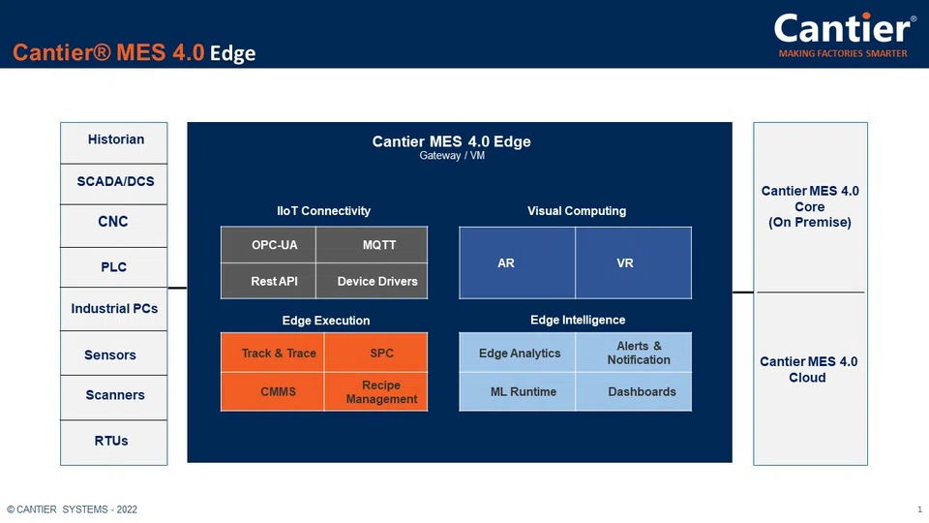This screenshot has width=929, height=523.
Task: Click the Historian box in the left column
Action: [x=114, y=140]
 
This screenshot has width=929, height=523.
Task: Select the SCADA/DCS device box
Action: [x=114, y=182]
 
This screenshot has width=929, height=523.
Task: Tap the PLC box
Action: [x=114, y=267]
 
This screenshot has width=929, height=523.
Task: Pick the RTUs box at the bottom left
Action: [x=112, y=442]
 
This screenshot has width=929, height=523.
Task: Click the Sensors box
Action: [x=112, y=355]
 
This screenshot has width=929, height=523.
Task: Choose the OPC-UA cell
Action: [x=274, y=245]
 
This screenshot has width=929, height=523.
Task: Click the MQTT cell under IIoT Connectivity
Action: [x=378, y=245]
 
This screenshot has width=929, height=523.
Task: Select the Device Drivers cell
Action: [x=377, y=282]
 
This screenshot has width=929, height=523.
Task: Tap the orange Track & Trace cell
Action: [x=278, y=354]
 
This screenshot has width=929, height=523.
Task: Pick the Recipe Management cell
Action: [x=380, y=392]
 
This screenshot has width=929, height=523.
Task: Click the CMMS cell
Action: [x=278, y=392]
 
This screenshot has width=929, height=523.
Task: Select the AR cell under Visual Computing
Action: [x=506, y=263]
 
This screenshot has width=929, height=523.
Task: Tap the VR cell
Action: [x=625, y=263]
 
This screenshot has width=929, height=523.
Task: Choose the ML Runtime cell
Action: [x=523, y=392]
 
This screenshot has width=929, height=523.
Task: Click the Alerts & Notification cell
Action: [x=639, y=354]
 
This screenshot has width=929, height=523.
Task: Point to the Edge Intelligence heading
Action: [x=578, y=321]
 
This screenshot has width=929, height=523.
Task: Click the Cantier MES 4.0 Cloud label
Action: [x=808, y=370]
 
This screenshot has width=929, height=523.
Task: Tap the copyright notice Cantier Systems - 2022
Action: [x=73, y=509]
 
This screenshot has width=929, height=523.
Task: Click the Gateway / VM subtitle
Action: [x=452, y=156]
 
